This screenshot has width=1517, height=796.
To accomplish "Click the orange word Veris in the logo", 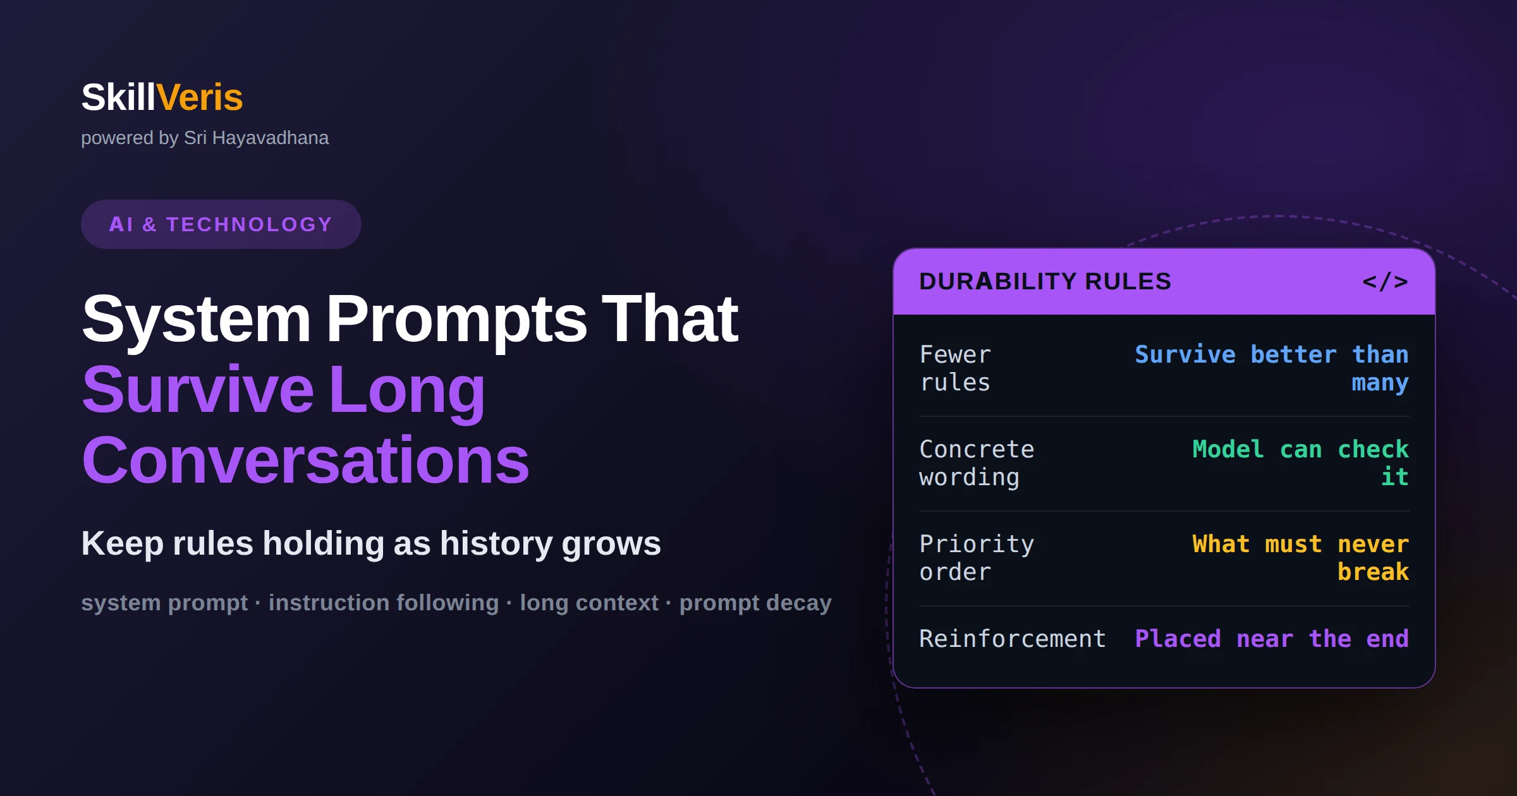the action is (200, 97).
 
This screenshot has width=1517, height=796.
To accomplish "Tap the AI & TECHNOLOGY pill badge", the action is (221, 224).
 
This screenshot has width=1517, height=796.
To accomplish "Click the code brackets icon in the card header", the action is (1385, 282).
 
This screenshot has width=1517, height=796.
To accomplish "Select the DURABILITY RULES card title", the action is (1045, 282).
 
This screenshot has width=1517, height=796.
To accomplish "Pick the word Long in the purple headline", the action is (407, 390).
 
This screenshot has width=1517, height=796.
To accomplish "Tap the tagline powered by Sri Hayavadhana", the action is (205, 138).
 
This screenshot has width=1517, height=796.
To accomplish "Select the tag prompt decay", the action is (755, 603).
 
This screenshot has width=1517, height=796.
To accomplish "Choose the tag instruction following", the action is (384, 603).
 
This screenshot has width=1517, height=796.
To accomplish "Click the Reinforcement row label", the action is (1013, 639).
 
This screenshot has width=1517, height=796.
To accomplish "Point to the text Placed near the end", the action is (1272, 639).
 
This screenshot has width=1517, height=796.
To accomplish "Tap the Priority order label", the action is (977, 558).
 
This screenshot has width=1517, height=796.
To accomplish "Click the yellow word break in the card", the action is (1373, 572).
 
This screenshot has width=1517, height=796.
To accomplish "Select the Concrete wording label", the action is (977, 463).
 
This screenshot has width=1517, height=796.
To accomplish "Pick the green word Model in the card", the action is (1228, 449).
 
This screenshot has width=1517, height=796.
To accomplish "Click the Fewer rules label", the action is (955, 368).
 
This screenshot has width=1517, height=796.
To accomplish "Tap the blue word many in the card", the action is (1380, 383).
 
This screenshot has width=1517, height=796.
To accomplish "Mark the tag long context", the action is (589, 603).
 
